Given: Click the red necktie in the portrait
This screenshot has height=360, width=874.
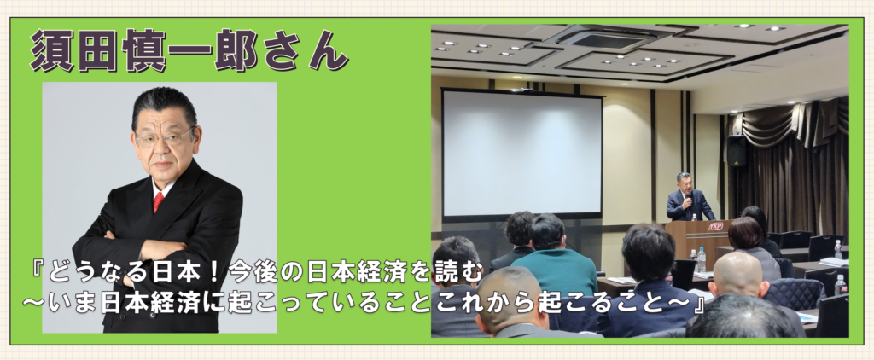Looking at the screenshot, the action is click(159, 201).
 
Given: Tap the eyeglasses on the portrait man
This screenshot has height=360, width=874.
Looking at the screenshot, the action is click(164, 136).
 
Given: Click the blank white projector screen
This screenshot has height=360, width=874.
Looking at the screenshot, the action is click(522, 154).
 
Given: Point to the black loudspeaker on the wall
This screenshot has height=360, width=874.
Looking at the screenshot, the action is click(737, 151).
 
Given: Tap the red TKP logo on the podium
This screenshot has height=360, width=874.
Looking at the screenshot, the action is click(715, 227).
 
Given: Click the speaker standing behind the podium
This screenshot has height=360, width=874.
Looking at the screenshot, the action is click(690, 197).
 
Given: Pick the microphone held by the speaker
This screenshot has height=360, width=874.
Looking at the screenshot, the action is click(688, 197).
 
